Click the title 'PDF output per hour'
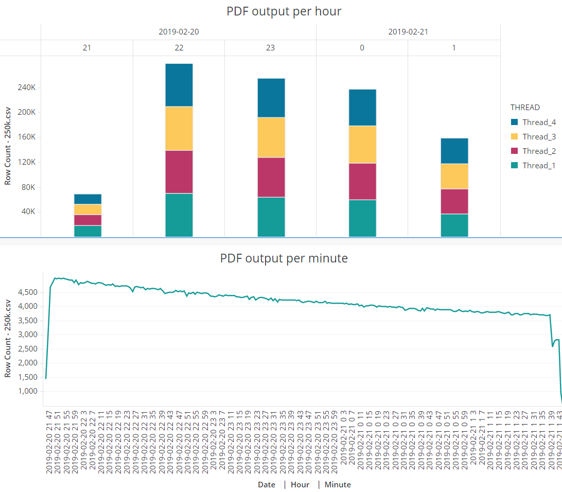point(284,11)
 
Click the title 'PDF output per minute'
point(284,258)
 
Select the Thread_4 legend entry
point(538,122)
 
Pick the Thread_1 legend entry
point(538,165)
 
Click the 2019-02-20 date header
point(179,32)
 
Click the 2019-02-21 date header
point(408,32)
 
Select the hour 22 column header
point(179,48)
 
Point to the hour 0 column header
point(362,48)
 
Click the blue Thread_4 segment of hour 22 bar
point(179,85)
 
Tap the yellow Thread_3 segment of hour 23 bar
point(270,137)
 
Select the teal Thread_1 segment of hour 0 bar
point(362,218)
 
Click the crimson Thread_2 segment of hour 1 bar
point(453,201)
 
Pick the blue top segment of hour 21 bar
point(87,199)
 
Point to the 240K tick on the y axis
point(27,87)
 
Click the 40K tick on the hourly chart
point(28,212)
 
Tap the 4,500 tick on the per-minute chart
point(28,292)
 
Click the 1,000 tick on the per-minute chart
point(28,391)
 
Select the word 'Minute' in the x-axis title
point(338,484)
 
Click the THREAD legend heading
point(525,108)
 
